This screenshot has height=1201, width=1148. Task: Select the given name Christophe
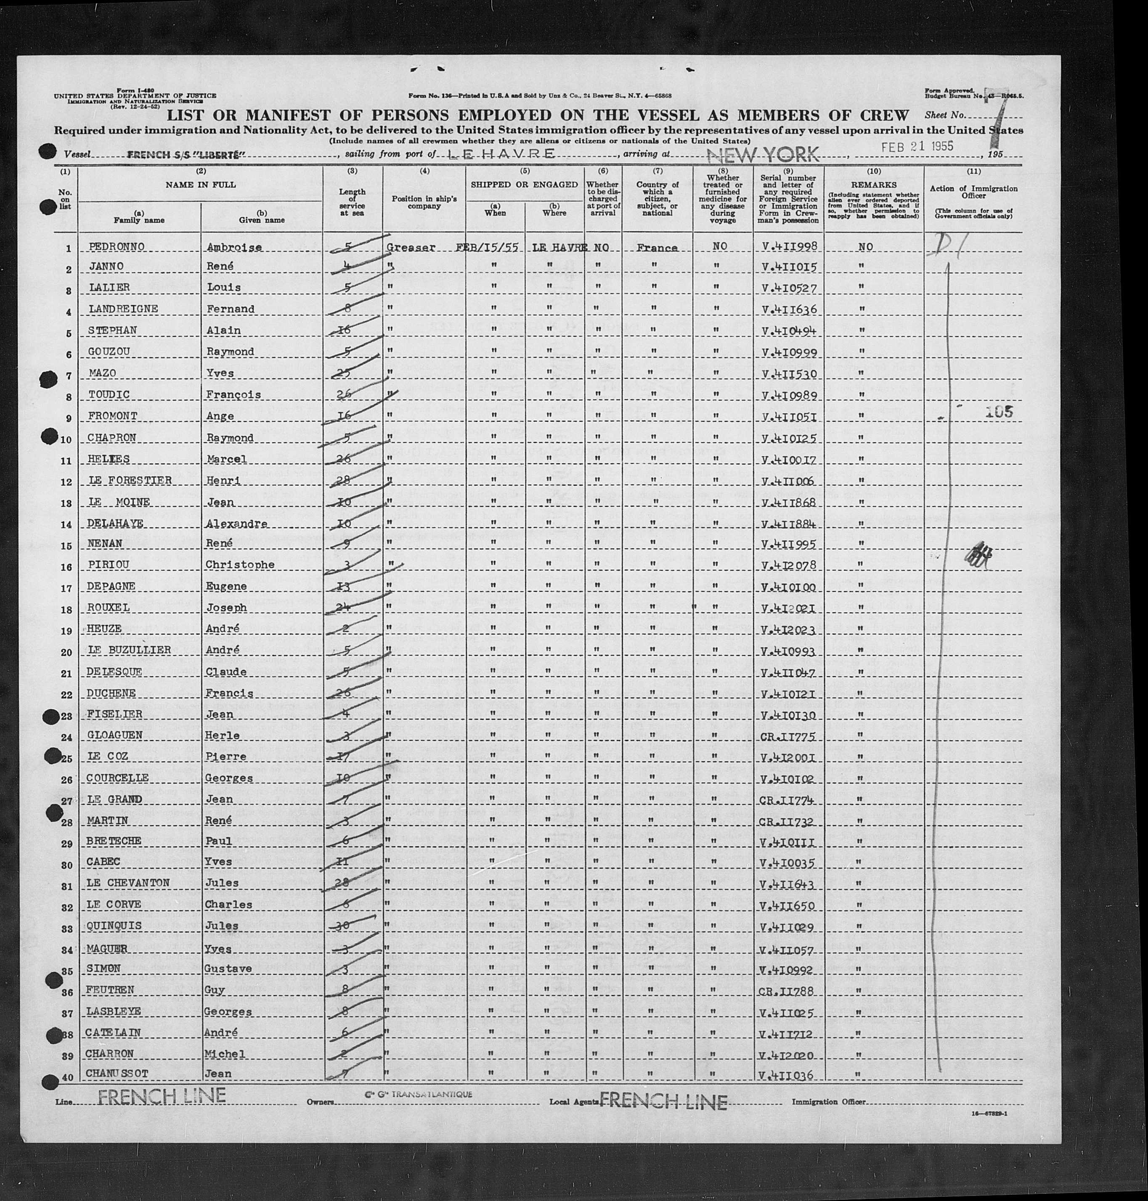pyautogui.click(x=240, y=565)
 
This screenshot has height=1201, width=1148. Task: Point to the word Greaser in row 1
pyautogui.click(x=411, y=248)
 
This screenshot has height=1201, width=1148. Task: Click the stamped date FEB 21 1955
pyautogui.click(x=917, y=147)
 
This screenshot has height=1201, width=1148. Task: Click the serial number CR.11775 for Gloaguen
pyautogui.click(x=787, y=735)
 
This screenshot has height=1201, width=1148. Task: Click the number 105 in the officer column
pyautogui.click(x=999, y=412)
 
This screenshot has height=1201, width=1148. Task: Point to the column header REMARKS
pyautogui.click(x=873, y=185)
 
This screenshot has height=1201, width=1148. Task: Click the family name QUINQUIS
pyautogui.click(x=114, y=926)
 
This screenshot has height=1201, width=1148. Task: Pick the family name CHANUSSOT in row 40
pyautogui.click(x=117, y=1074)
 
